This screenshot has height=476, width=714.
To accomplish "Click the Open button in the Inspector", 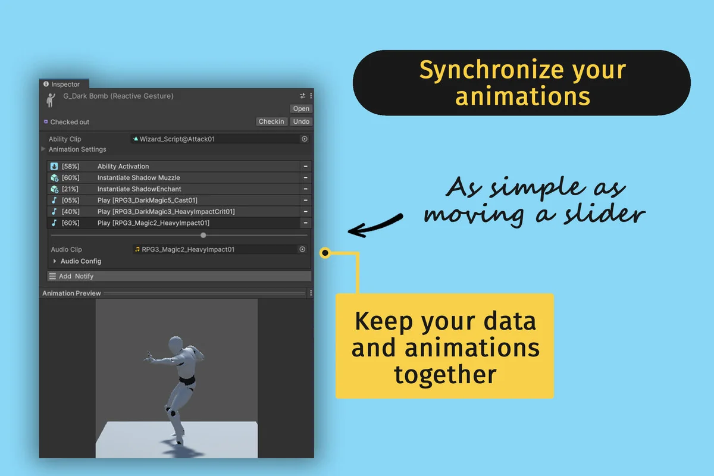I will tap(301, 108).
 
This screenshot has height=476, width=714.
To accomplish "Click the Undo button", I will tap(301, 121).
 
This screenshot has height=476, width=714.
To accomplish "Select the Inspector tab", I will tap(64, 84).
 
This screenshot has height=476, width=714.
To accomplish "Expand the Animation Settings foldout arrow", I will tap(43, 149).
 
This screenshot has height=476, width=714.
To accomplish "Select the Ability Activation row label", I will tap(123, 167).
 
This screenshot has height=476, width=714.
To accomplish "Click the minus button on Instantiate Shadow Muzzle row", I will tap(305, 178).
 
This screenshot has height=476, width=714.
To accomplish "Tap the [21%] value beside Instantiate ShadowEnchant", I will tap(70, 189).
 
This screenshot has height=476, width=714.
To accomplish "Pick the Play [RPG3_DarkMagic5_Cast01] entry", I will tap(147, 201).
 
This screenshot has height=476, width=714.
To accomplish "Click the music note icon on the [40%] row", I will tap(54, 212).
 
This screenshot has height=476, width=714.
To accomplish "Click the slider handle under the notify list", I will tap(203, 236).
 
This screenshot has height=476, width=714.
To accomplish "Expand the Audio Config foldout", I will tap(55, 261).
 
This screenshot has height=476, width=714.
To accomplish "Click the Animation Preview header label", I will tap(71, 293).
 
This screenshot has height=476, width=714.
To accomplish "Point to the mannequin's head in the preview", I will tap(176, 345).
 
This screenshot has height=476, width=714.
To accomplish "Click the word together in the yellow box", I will tap(445, 375).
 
